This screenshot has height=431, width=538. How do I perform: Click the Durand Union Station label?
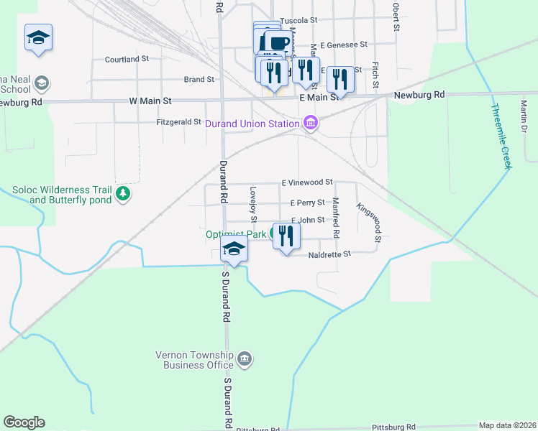[x=252, y=124]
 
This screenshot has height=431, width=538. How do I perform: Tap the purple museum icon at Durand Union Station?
[x=311, y=124]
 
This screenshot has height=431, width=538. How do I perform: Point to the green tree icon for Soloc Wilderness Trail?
[x=123, y=193]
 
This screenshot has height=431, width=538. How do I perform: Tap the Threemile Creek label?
[x=501, y=136]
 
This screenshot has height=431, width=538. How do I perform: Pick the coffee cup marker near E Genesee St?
[x=278, y=43]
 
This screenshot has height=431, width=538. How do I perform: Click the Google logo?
[x=24, y=422]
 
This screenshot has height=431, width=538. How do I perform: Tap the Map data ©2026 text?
[x=506, y=425]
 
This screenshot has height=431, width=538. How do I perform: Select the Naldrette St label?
[x=329, y=254]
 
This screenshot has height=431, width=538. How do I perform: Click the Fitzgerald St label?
[x=178, y=122]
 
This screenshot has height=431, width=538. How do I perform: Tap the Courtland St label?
[x=127, y=59]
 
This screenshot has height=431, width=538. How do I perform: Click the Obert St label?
[x=396, y=17]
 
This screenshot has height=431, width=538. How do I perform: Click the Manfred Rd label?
[x=335, y=218]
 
